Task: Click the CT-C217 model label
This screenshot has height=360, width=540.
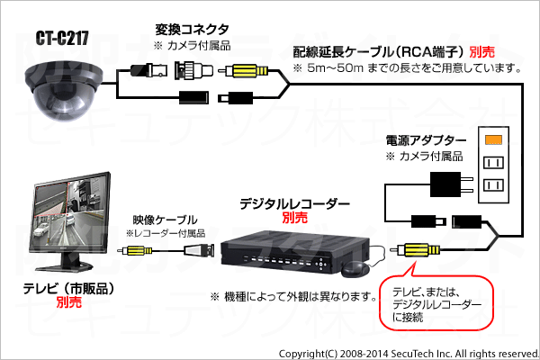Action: pos(62,38)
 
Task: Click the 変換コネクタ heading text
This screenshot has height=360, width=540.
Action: pos(192,30)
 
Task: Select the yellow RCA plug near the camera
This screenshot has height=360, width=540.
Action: pos(244,71)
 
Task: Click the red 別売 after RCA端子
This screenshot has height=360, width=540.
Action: pos(482,52)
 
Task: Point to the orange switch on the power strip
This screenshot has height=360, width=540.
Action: pos(493,139)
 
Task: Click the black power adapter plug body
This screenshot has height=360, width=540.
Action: pos(445,184)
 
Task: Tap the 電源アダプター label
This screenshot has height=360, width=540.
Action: pos(426,140)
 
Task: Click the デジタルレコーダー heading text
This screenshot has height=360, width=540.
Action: pos(294,204)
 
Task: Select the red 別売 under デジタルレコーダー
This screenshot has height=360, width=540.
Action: pos(295,218)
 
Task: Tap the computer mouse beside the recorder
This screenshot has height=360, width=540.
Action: pos(355,269)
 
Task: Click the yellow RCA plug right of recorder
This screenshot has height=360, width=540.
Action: pos(416,250)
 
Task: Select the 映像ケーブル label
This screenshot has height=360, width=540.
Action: pos(165,220)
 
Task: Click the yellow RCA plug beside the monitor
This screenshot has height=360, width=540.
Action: pos(135,251)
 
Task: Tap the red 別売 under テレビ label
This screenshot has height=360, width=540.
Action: pos(69,302)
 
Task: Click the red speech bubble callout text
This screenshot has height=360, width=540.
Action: pos(436,305)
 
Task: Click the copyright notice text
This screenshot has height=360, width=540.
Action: pos(409,354)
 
